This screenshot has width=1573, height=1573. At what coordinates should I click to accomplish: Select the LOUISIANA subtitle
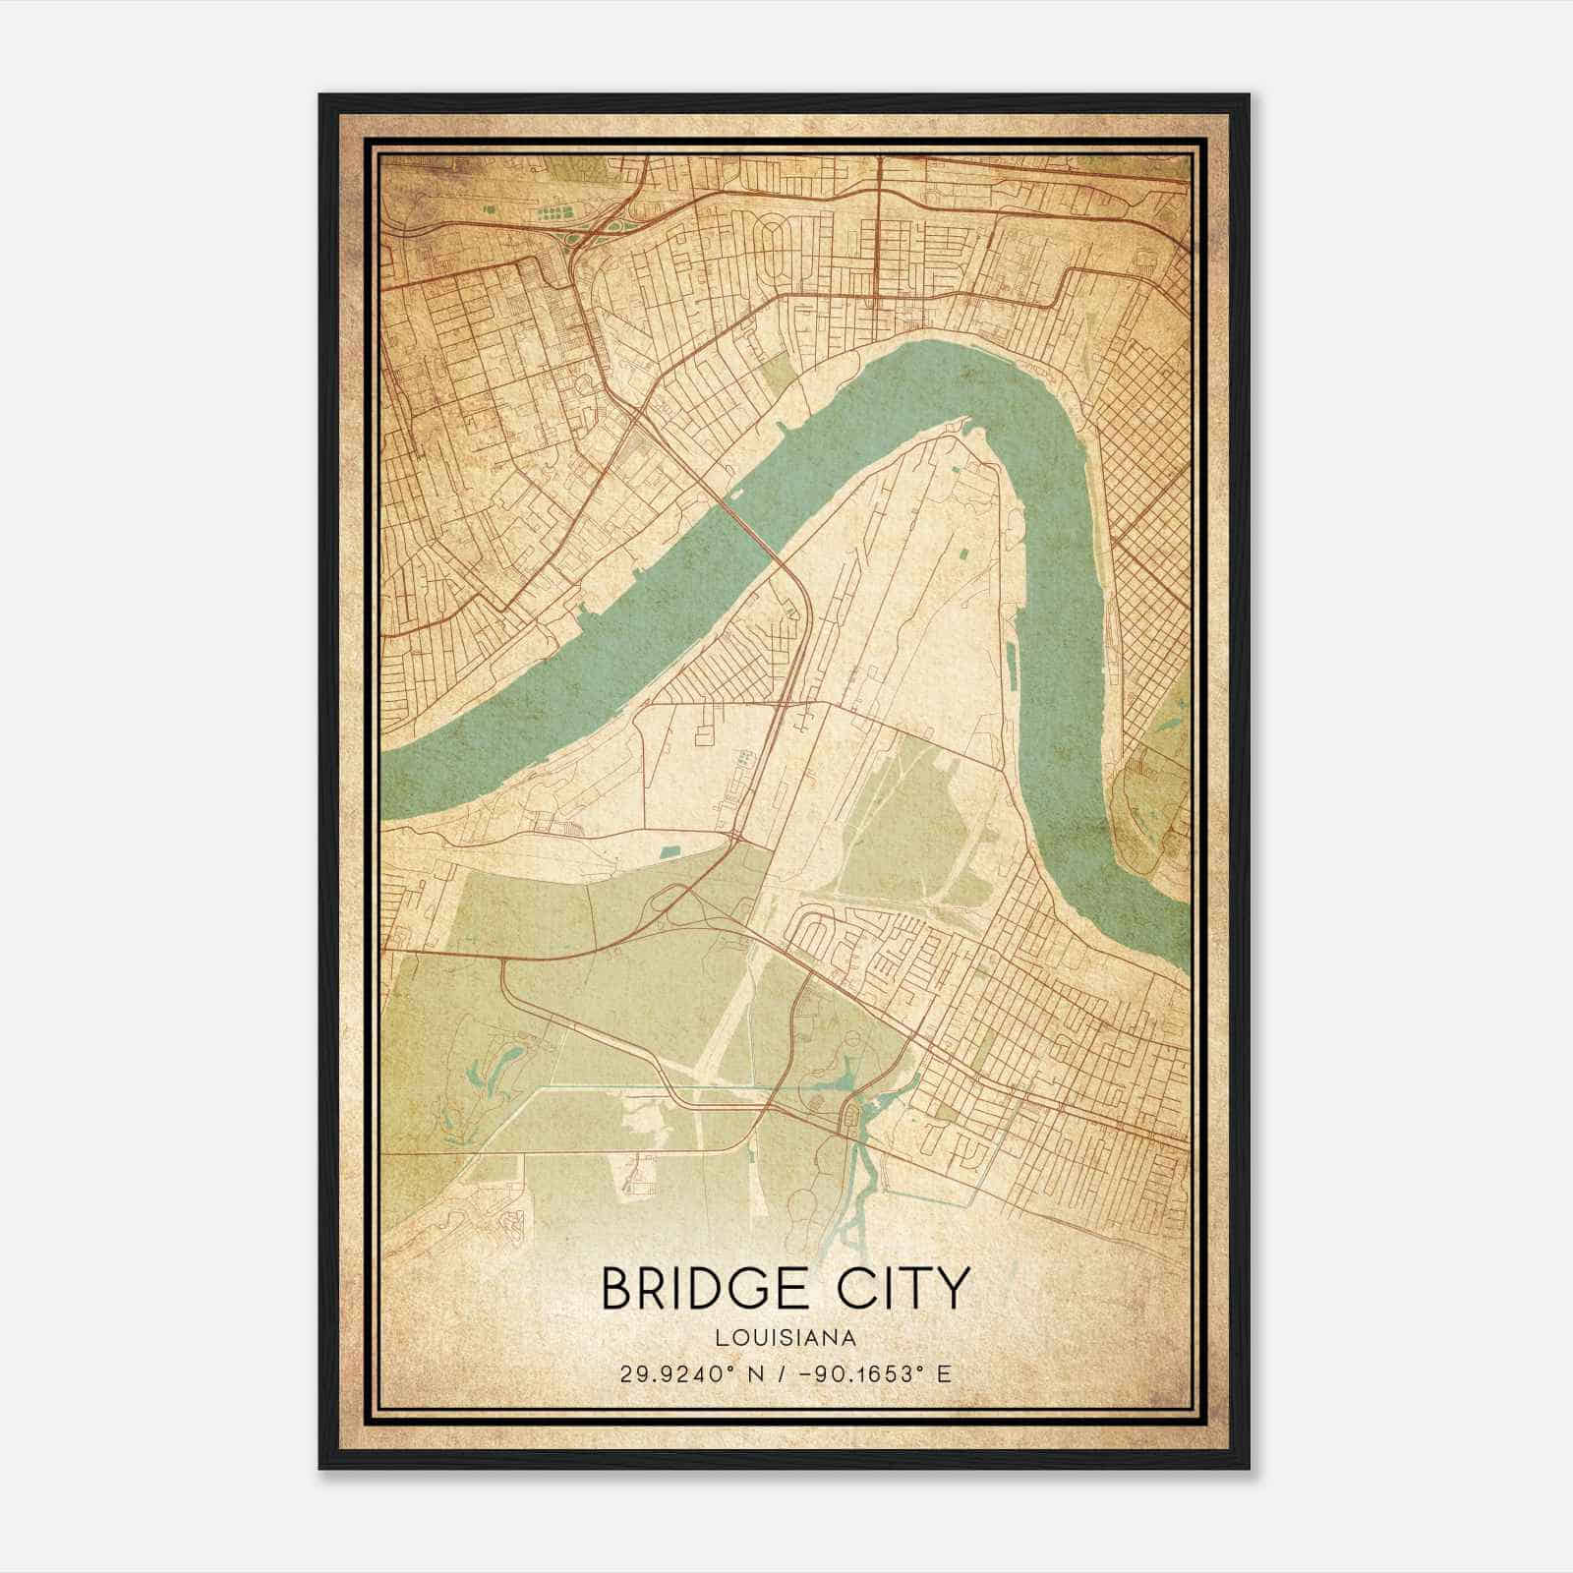pyautogui.click(x=786, y=1337)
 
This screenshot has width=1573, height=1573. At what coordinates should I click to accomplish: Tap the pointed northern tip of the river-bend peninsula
pyautogui.click(x=959, y=425)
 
